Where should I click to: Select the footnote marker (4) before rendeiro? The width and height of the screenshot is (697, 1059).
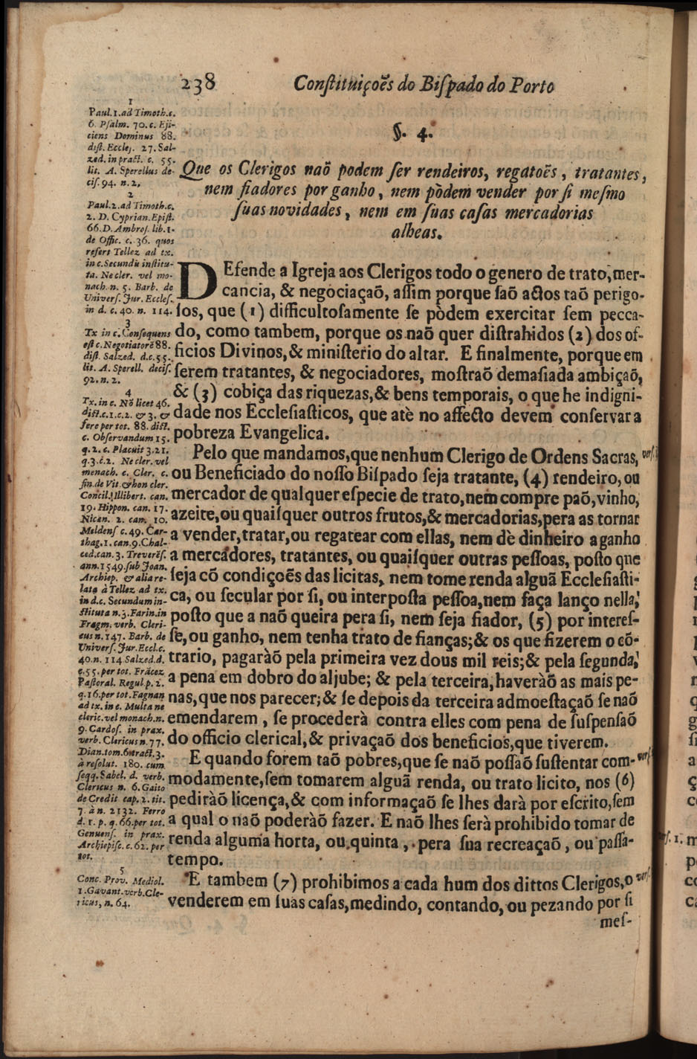(x=535, y=475)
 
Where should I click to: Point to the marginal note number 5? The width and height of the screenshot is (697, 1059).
(x=123, y=869)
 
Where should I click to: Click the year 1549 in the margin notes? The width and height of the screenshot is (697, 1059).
(x=114, y=564)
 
